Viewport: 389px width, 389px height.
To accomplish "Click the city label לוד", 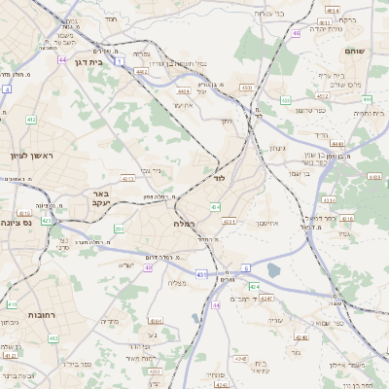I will [218, 179].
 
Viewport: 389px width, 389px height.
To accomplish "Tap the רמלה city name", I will [185, 224].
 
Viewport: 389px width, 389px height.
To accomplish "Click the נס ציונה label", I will [18, 222].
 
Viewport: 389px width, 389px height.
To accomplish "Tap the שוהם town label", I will [353, 49].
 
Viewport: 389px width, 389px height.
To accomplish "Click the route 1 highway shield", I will [119, 61].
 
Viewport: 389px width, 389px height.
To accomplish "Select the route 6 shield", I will [246, 267].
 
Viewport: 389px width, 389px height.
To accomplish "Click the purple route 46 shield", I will [295, 33].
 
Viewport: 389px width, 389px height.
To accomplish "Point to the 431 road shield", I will [200, 275].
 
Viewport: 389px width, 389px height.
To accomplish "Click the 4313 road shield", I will [230, 223].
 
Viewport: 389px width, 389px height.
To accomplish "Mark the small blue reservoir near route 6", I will [273, 269].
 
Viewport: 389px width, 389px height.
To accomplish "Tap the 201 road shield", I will [119, 229].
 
